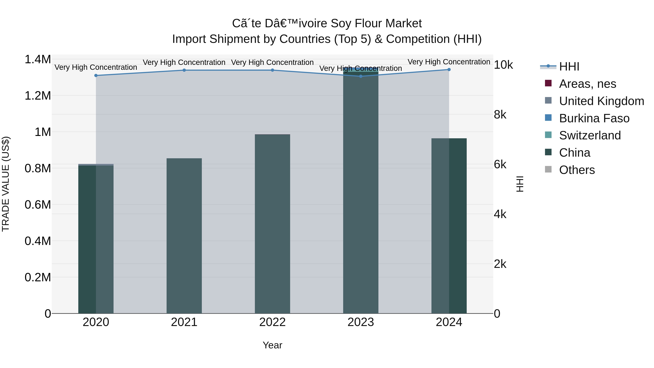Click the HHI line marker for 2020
click(x=96, y=75)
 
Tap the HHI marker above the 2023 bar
click(x=361, y=76)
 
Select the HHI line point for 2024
click(x=449, y=70)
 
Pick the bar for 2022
click(x=272, y=224)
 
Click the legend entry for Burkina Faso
click(x=594, y=118)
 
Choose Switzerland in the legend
click(x=590, y=135)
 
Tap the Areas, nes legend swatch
click(x=548, y=83)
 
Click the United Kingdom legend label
click(x=601, y=101)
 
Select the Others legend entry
click(x=577, y=170)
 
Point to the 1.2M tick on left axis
click(x=38, y=96)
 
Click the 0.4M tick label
click(x=38, y=241)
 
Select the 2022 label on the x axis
click(x=272, y=322)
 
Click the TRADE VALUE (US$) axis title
click(x=6, y=184)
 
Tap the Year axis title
click(x=272, y=345)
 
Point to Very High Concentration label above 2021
click(x=184, y=62)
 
